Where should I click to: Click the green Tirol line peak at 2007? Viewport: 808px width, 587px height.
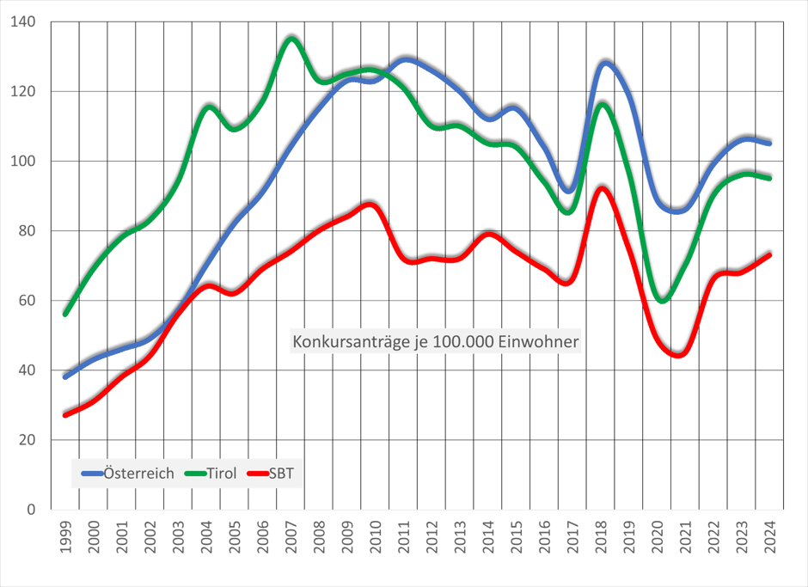tap(291, 37)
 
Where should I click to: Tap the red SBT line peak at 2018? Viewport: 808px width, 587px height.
tap(603, 187)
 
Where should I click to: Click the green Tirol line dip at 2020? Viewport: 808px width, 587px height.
tap(660, 298)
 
